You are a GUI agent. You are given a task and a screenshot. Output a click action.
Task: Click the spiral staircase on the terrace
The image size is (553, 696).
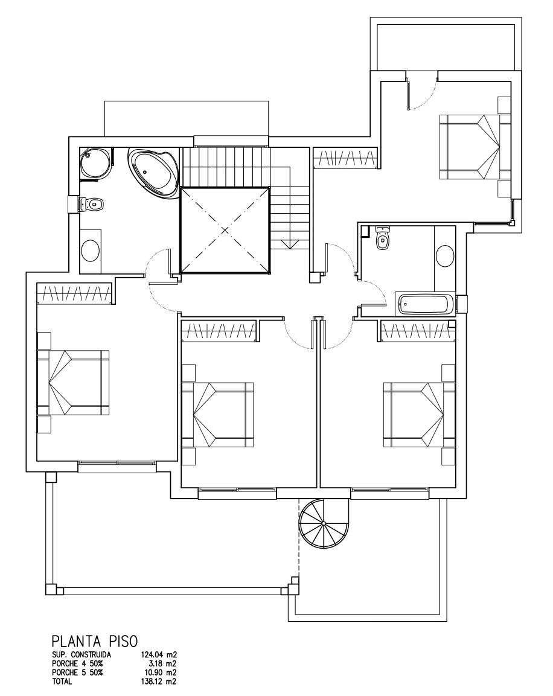coord(324,524)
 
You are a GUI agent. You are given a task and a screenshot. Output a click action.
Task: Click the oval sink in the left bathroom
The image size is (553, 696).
coord(91,251)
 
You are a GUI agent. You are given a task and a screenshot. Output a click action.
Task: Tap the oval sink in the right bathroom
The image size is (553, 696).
coord(445,256)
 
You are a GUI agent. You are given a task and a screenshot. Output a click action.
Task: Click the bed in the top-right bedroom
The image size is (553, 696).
coord(470,147)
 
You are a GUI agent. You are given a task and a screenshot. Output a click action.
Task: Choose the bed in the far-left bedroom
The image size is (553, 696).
coord(74,382)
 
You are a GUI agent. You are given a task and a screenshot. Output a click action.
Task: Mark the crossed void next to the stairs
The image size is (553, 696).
coord(225,230)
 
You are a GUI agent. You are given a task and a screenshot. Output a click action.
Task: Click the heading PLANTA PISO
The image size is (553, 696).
coord(95,642)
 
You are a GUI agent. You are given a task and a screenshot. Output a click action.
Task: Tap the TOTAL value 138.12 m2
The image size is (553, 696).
coord(158,682)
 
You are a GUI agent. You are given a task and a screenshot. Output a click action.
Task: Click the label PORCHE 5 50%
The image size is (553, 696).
coord(77,673)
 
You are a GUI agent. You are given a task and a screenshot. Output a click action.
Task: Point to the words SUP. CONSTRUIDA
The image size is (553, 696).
coord(82,654)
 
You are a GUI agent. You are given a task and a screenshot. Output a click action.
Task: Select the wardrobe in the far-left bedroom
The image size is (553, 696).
coord(74,293)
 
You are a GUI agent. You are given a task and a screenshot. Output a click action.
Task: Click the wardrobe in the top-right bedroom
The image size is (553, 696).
coord(346,158)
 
